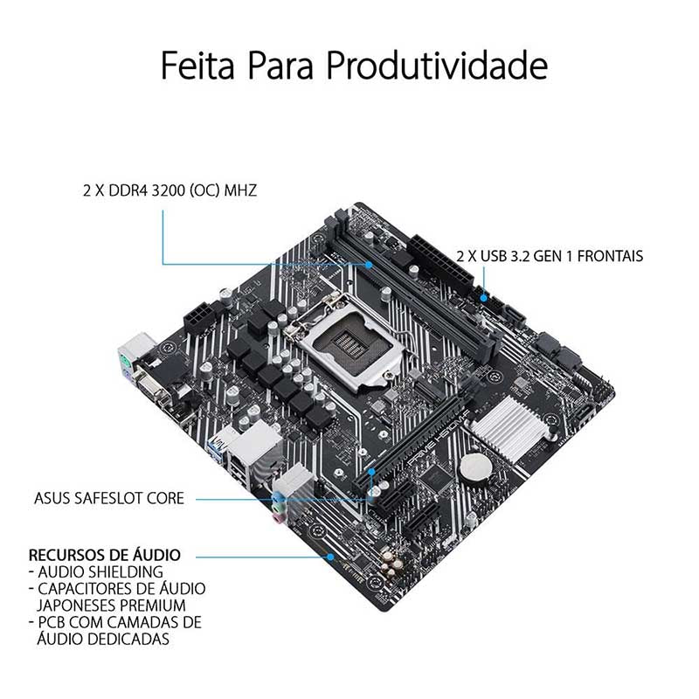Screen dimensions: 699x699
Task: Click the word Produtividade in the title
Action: (438, 66)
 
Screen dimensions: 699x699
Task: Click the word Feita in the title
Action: (197, 66)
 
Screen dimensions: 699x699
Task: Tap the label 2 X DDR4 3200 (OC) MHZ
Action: (170, 190)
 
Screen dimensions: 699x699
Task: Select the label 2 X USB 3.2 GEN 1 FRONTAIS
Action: (550, 256)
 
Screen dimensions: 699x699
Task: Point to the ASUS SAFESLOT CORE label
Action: (109, 498)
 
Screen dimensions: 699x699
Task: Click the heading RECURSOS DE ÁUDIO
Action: (105, 555)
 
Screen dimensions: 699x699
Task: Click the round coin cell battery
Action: (476, 469)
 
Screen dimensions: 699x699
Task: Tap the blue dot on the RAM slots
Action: (369, 265)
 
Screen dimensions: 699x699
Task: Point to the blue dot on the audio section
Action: (330, 557)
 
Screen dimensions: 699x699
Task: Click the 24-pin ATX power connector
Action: (439, 264)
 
